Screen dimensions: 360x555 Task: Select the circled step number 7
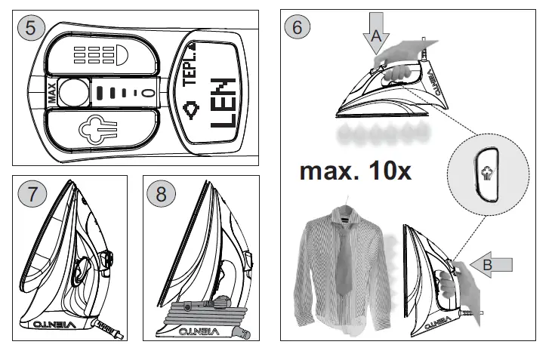click(x=31, y=192)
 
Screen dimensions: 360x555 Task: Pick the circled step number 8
click(x=161, y=192)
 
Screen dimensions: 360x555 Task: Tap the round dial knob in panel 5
click(x=73, y=93)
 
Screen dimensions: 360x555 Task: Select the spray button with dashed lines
click(x=97, y=56)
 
